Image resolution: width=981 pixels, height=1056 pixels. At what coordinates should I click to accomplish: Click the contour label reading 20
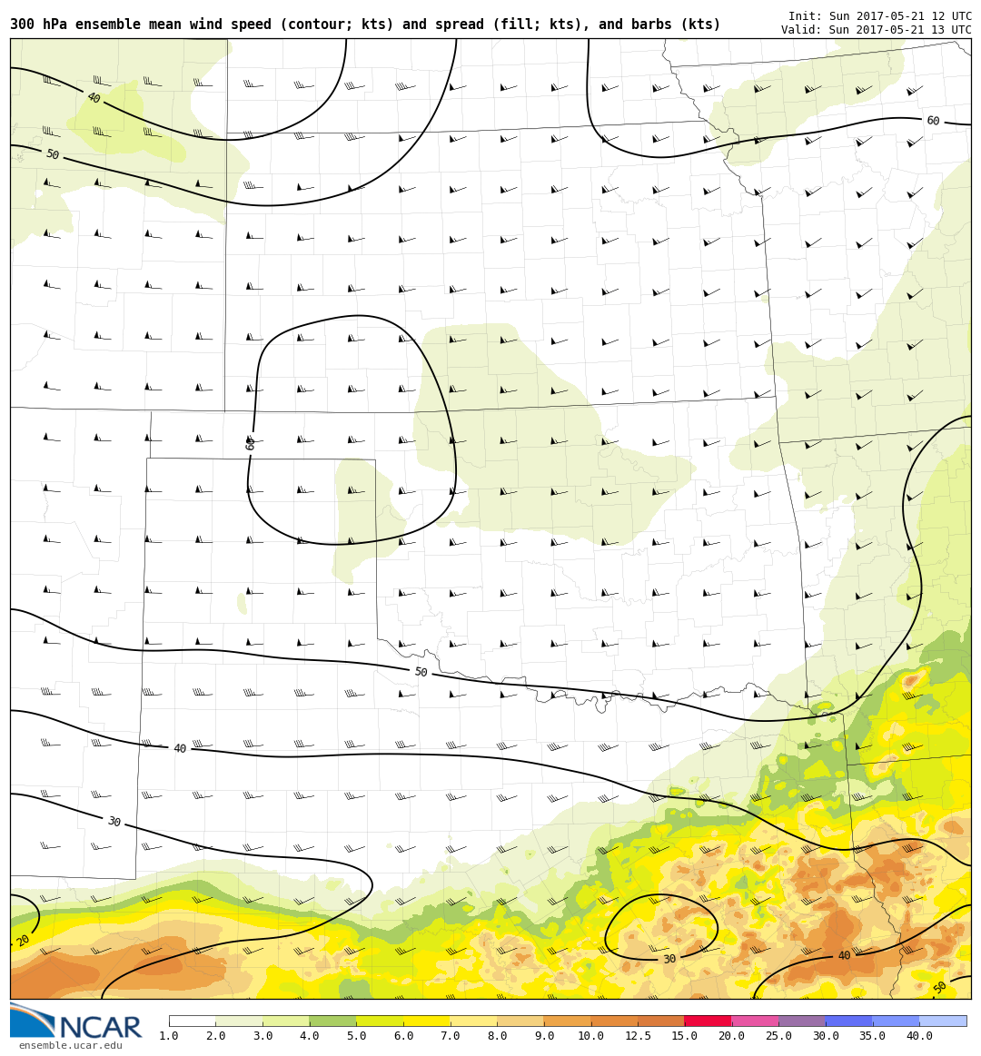click(24, 941)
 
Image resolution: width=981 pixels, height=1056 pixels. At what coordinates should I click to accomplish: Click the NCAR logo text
click(100, 1028)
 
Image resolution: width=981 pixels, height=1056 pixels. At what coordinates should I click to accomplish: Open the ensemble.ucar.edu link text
click(70, 1045)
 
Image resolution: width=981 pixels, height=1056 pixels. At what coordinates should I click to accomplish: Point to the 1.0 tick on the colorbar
click(169, 1036)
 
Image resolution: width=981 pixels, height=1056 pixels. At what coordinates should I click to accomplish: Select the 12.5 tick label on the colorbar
click(638, 1036)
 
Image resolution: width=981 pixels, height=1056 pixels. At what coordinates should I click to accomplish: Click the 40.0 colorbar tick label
click(918, 1036)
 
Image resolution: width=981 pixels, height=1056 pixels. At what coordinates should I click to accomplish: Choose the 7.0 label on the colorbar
click(450, 1036)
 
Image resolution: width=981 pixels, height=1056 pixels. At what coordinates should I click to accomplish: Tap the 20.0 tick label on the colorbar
click(731, 1036)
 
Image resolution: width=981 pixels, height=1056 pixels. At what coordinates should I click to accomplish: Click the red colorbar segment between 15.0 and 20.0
click(708, 1021)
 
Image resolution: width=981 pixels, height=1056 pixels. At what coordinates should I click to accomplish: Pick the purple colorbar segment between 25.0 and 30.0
click(801, 1021)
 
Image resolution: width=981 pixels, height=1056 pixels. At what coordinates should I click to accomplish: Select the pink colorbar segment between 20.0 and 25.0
click(755, 1021)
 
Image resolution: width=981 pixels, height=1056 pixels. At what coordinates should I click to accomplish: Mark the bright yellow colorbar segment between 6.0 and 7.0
click(426, 1021)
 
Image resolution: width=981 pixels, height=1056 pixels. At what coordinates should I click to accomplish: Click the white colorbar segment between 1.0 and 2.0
click(193, 1021)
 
